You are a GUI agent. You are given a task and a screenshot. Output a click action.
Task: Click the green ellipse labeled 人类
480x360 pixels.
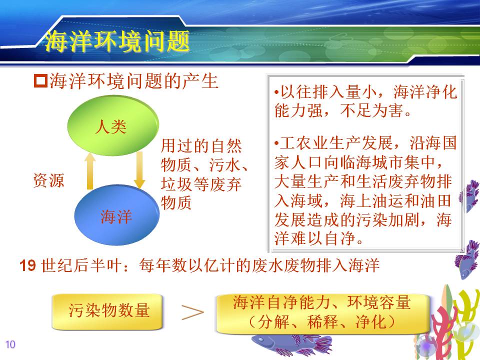113,125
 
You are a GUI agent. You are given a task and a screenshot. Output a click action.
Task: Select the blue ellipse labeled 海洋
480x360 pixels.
116,214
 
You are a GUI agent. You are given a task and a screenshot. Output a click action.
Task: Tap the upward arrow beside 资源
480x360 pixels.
89,171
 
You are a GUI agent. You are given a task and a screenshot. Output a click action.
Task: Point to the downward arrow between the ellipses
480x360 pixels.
139,170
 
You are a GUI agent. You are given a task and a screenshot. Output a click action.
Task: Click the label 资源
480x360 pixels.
48,180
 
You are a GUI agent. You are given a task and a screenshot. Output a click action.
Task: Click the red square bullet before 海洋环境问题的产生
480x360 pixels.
40,81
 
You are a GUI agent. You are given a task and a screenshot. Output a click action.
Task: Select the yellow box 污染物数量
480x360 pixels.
107,312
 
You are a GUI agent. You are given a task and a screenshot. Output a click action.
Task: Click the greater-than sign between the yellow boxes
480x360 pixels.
192,312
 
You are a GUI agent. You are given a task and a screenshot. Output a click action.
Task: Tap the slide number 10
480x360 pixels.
10,344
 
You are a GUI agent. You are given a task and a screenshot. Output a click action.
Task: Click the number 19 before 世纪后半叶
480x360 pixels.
27,265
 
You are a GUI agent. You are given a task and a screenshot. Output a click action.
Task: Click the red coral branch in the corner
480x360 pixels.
443,332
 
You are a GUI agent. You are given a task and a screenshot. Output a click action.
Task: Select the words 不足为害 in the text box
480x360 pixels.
372,110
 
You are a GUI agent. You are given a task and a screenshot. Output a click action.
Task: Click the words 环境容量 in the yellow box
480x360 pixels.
378,302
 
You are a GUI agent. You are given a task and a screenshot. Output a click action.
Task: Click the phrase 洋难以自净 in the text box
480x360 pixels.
315,238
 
